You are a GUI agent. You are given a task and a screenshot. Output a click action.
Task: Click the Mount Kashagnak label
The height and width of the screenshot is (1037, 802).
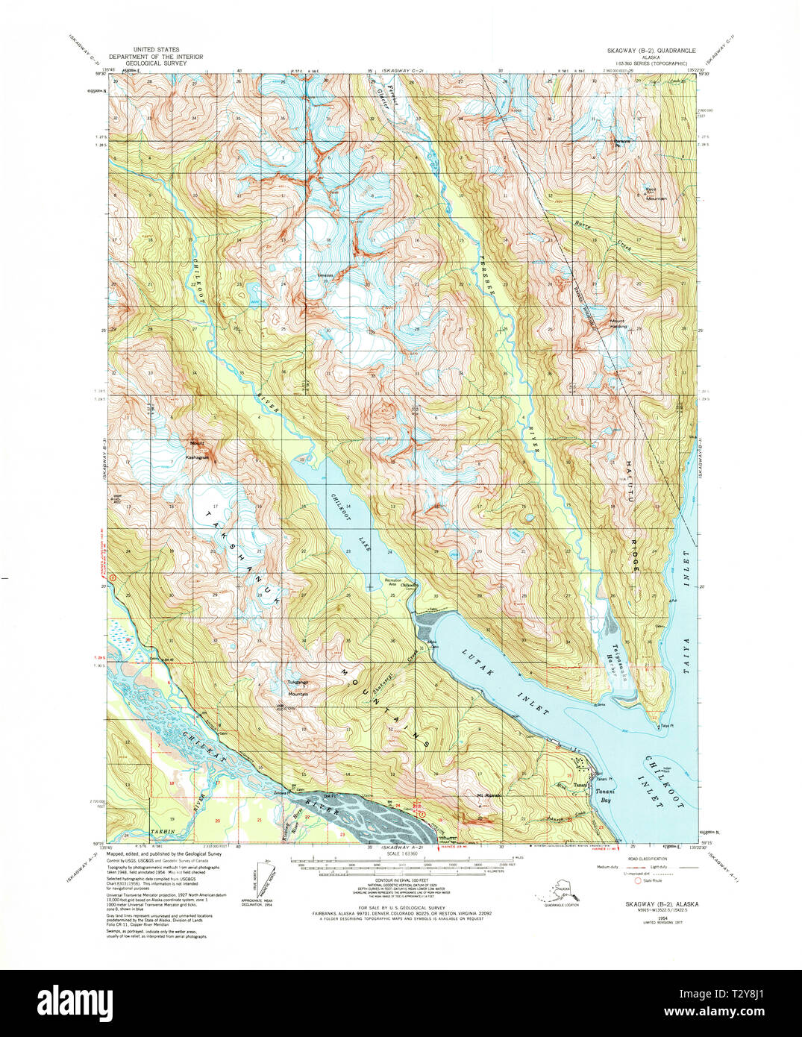pyautogui.click(x=198, y=446)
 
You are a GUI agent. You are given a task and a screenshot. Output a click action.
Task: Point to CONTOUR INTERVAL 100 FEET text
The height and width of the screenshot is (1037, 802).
pyautogui.click(x=391, y=880)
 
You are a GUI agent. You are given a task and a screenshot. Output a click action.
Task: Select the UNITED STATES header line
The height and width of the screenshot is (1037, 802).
pyautogui.click(x=145, y=50)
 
